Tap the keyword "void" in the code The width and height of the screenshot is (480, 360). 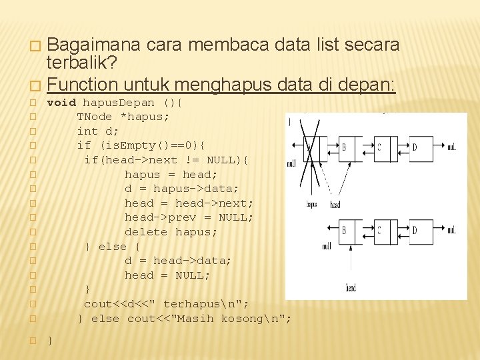pos(61,103)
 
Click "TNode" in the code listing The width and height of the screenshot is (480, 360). pos(94,117)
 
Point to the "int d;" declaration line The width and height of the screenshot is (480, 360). pos(98,131)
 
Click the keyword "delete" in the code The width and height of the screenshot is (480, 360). pos(146,232)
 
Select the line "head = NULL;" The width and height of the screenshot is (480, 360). pos(167,275)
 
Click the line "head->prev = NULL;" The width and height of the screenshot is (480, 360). pos(189,217)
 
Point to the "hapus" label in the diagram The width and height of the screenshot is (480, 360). pos(311,205)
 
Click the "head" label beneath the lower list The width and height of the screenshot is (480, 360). pos(350,288)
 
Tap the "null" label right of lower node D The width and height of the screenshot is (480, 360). pos(452,231)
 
